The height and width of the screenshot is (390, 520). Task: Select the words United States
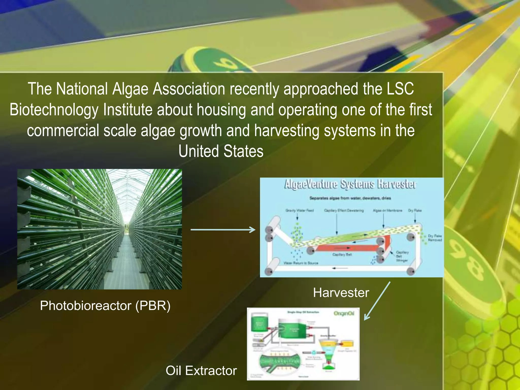point(221,151)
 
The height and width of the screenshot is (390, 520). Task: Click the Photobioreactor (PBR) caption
point(105,305)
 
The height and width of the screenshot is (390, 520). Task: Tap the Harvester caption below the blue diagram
point(341,292)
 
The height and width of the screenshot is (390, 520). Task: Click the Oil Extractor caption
point(201,370)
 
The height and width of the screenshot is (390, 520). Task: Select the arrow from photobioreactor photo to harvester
point(223,230)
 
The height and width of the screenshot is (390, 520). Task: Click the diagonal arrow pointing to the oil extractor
point(377,301)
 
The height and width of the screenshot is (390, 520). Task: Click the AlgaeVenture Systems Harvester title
point(350,184)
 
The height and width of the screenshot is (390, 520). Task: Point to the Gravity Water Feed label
point(300,210)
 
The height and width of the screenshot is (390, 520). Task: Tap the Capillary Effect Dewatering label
point(344,210)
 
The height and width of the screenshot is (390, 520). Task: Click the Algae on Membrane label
point(387,210)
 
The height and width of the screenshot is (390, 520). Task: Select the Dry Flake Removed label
point(435,238)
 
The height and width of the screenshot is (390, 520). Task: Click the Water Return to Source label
point(301,263)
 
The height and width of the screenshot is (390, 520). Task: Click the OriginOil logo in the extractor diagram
point(344,314)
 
